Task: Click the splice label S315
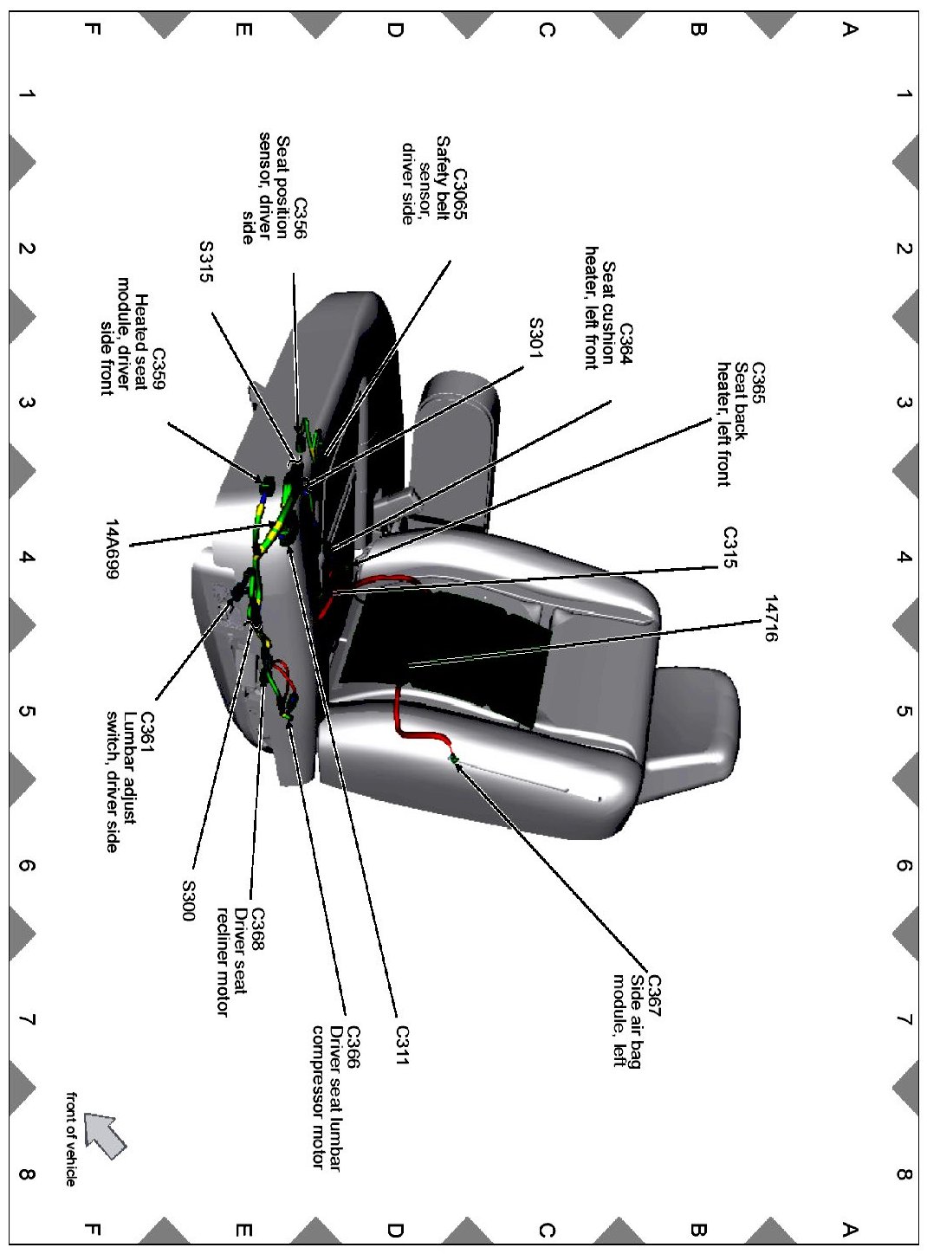[x=205, y=262]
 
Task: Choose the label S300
[x=189, y=901]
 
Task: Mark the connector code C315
[x=729, y=547]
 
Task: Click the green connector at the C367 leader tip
[x=453, y=759]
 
